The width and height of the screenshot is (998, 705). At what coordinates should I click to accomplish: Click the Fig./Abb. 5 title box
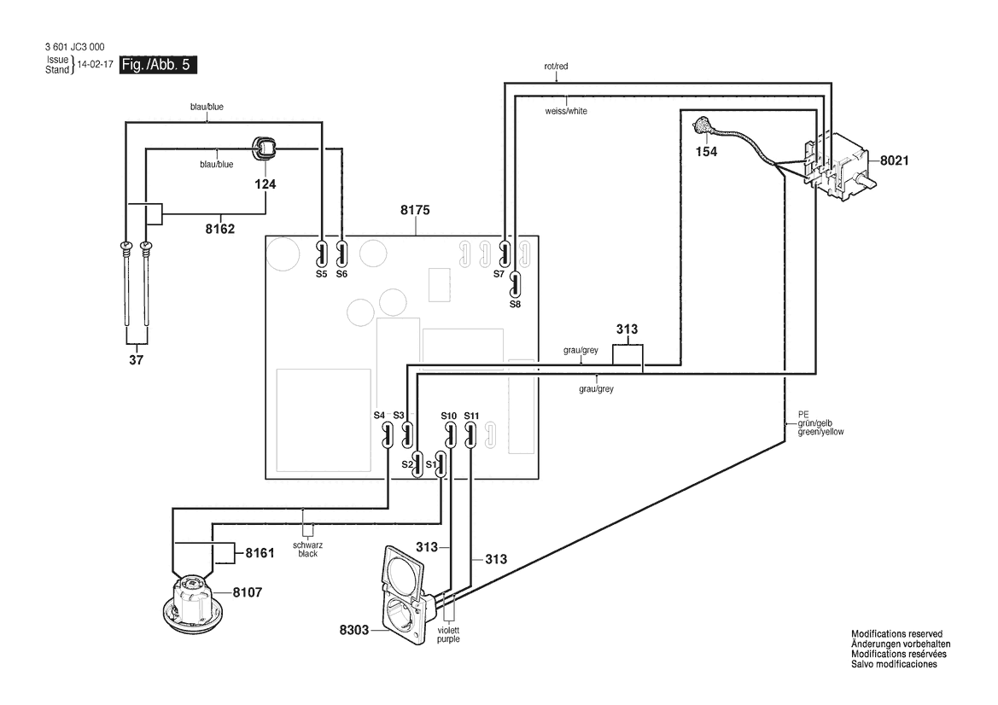point(158,65)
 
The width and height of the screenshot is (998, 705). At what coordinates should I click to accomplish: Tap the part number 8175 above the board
point(415,210)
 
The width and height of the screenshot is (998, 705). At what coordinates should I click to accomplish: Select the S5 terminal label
point(321,274)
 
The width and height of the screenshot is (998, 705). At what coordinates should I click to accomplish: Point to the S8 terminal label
point(515,304)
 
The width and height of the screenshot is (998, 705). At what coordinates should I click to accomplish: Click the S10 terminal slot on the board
point(450,436)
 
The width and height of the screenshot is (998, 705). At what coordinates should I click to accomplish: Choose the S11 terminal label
point(471,417)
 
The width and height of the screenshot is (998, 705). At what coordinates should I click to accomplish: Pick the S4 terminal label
point(379,416)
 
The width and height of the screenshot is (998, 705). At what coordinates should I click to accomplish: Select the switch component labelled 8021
point(839,166)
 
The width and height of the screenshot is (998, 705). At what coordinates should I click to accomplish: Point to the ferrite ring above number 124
point(265,149)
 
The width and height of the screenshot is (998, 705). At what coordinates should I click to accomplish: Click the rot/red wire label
point(557,67)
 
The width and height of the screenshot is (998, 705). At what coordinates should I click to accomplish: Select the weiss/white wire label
point(567,111)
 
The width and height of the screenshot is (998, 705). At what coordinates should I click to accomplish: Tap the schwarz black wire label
point(308,550)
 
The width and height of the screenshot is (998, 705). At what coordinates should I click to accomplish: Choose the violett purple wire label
point(448,634)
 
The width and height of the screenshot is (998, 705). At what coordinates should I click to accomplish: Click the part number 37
point(137,360)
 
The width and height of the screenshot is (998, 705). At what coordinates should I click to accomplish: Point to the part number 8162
point(220,229)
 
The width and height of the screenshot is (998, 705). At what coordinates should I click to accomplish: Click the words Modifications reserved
point(896,634)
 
